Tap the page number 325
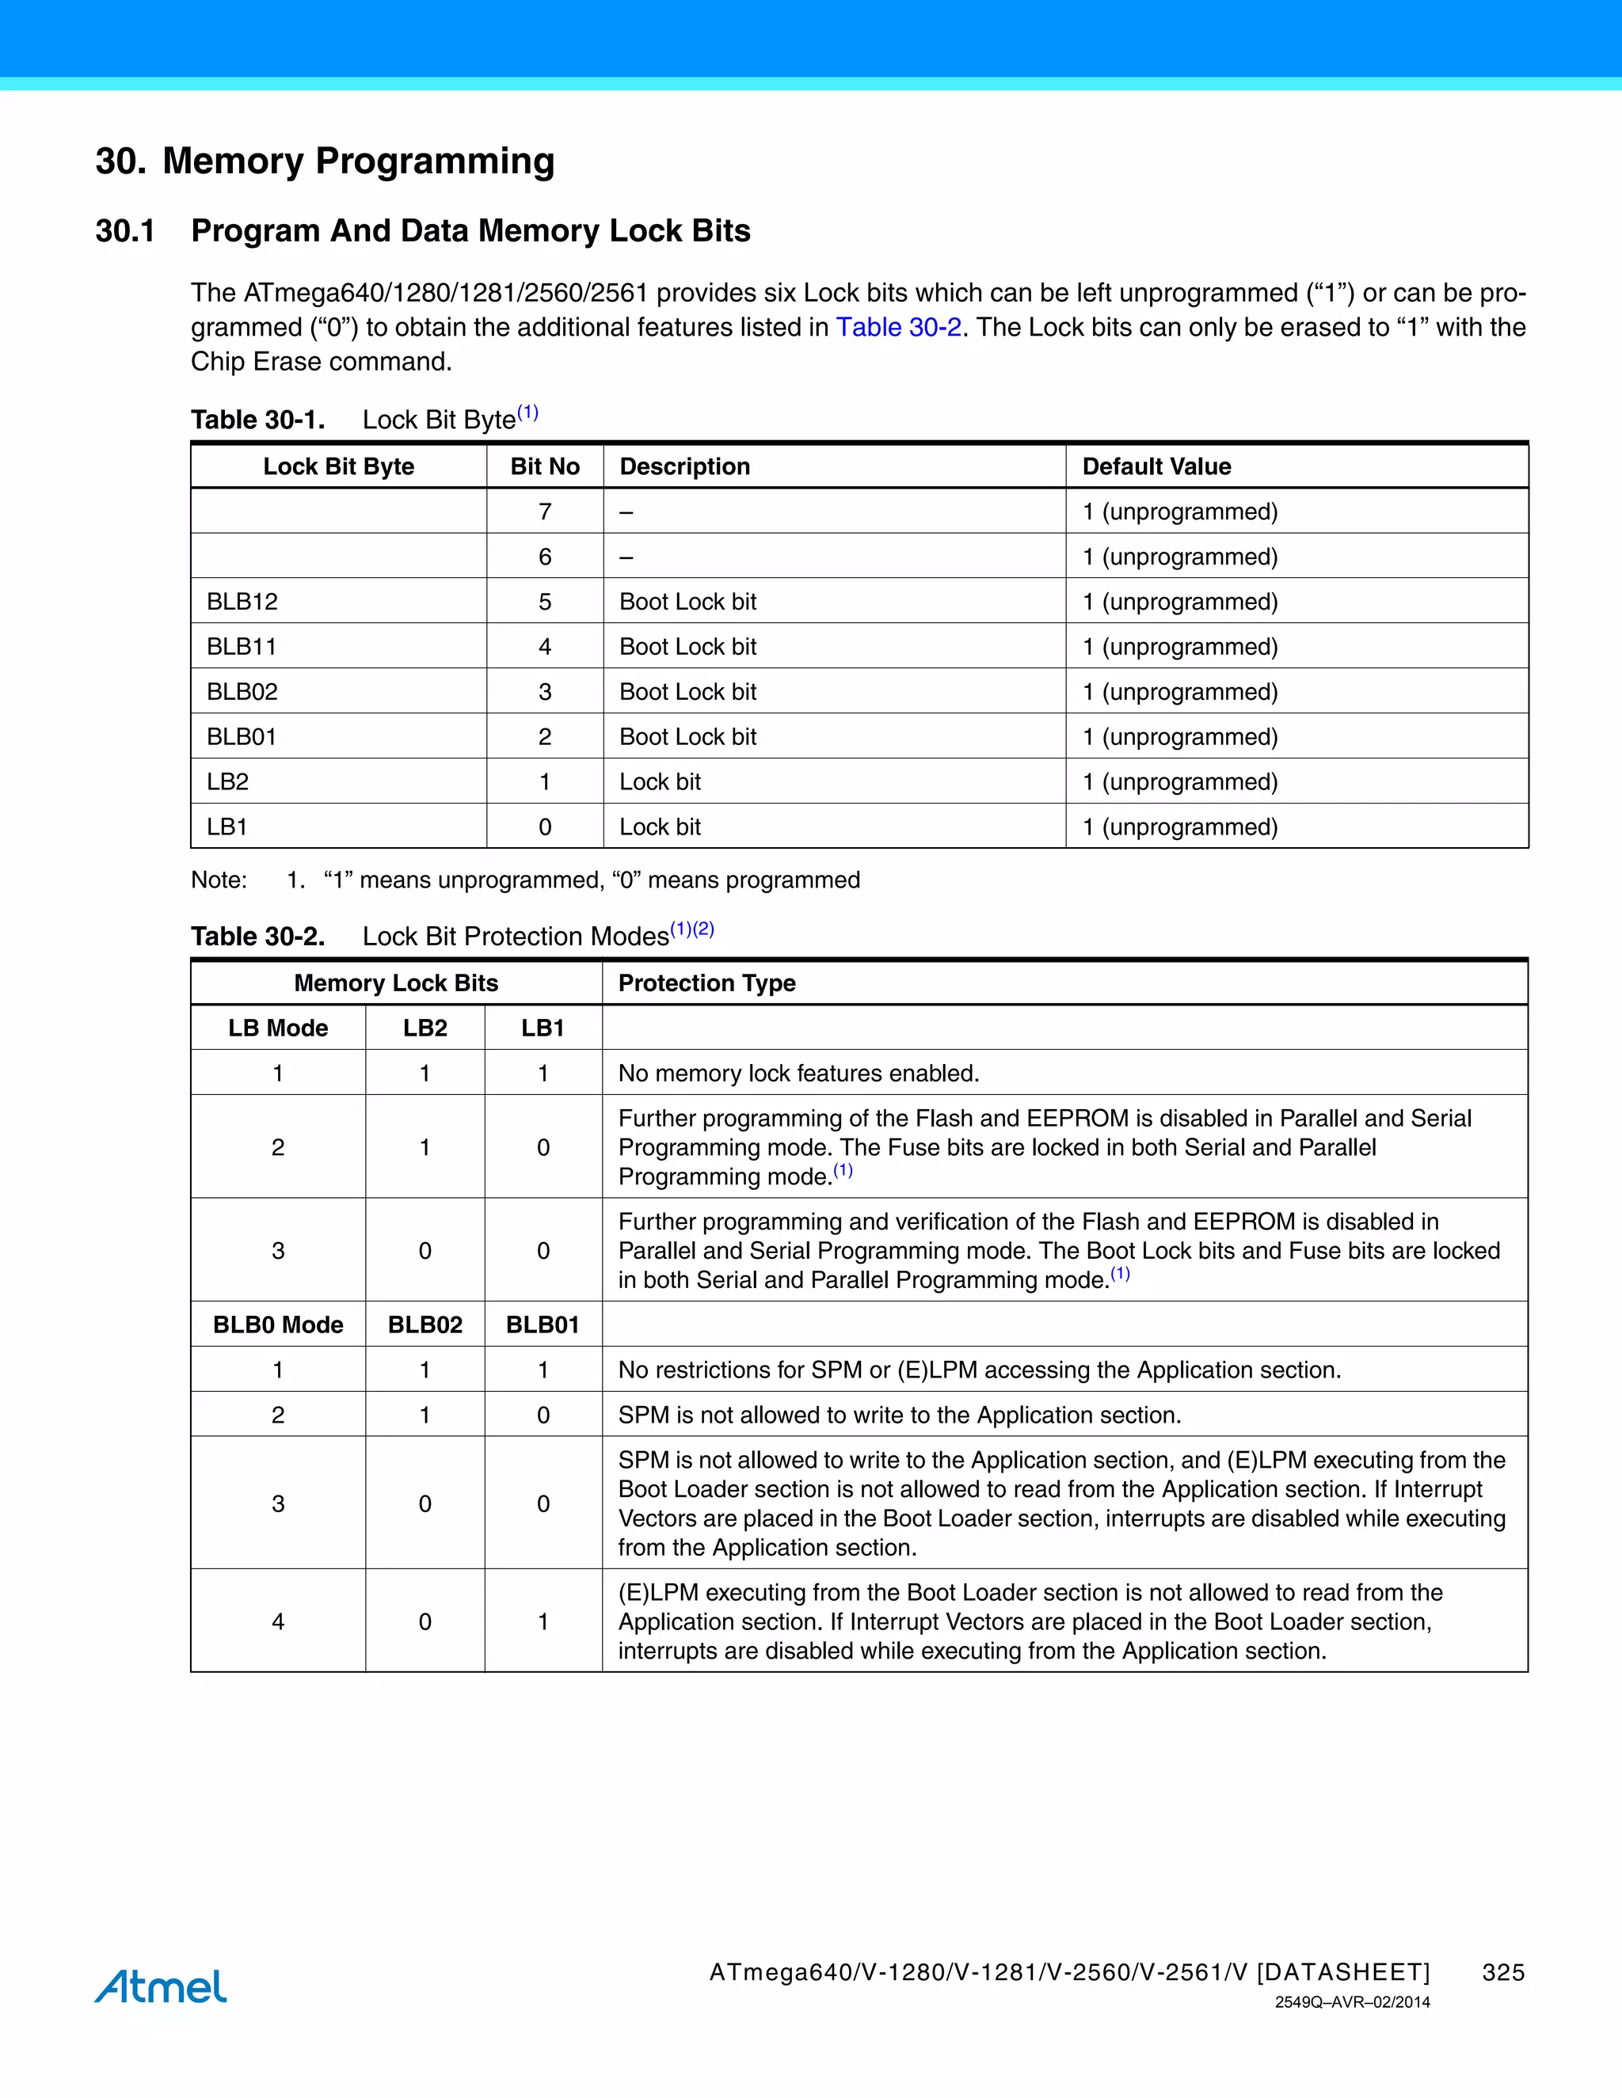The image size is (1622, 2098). tap(1503, 1972)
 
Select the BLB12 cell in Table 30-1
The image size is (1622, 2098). tap(242, 602)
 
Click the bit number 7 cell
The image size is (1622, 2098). tap(545, 511)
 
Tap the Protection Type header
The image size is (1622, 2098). tap(706, 982)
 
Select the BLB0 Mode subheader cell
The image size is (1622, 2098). tap(278, 1325)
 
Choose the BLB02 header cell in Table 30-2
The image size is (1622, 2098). tap(425, 1325)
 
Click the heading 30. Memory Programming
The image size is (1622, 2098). tap(325, 161)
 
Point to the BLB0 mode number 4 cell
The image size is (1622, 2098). tap(278, 1621)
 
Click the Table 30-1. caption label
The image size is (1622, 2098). tap(257, 420)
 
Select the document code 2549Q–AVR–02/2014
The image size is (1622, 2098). tap(1352, 2003)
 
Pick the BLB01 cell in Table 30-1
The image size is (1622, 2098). tap(242, 737)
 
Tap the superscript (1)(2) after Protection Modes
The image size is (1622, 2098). tap(692, 929)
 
